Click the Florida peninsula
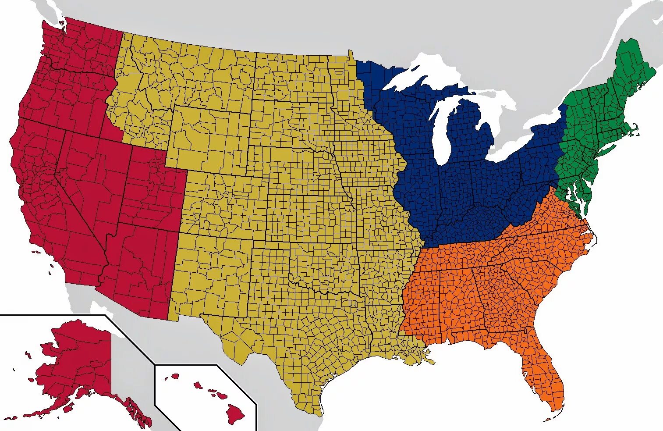pyautogui.click(x=543, y=377)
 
